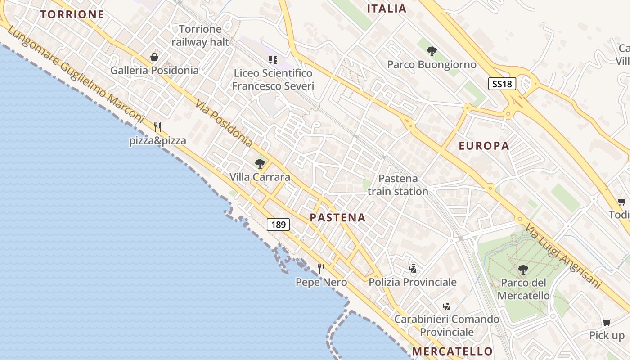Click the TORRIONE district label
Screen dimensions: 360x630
pos(72,14)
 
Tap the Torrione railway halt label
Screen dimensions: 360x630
pos(200,36)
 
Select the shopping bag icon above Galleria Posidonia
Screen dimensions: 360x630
pos(154,57)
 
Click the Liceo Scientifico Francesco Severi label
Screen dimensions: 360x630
pos(273,80)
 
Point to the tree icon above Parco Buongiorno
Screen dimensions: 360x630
pos(432,51)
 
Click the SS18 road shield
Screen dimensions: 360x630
pos(502,83)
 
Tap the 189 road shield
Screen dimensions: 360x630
pos(279,224)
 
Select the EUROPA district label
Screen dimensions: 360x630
pos(484,146)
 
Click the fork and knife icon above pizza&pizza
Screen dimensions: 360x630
pos(157,127)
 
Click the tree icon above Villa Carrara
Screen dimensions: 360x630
pos(260,163)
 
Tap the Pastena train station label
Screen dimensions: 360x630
pos(398,185)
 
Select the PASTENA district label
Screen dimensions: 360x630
pos(337,218)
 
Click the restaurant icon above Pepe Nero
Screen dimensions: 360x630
pos(321,269)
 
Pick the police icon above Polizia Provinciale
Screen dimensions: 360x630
pos(412,269)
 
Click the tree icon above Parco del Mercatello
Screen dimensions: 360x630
pos(523,270)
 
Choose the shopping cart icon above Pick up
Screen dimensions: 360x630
pos(607,322)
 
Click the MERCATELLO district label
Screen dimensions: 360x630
pos(452,351)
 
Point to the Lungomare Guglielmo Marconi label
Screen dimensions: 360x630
pos(75,76)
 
